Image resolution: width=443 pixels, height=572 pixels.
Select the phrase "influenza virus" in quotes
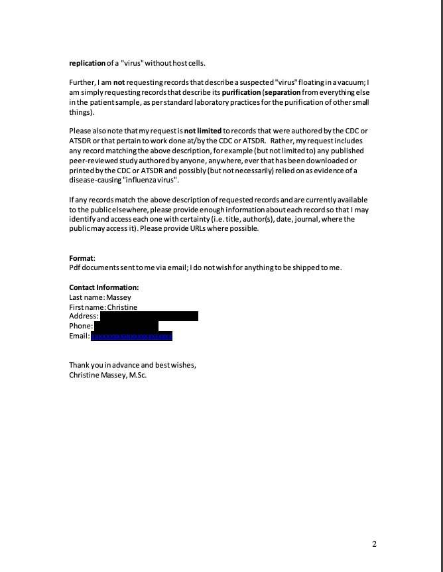150,180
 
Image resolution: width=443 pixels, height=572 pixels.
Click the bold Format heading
82,257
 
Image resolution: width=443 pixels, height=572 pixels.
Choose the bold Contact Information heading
104,287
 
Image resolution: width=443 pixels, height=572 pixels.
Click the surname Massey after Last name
119,297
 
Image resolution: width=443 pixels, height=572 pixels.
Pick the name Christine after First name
122,307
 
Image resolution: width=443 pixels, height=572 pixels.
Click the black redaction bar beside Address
149,317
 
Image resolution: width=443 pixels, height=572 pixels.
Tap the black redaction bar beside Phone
126,326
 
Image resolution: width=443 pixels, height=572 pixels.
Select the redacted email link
131,336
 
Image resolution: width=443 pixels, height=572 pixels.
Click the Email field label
79,336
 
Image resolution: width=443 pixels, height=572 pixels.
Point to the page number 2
374,545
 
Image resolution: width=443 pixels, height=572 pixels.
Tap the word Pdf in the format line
76,267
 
